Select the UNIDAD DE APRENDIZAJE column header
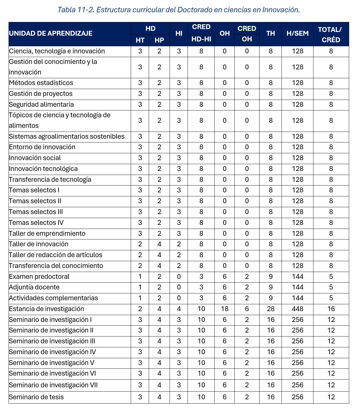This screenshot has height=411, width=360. (51, 33)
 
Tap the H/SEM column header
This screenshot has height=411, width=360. (297, 33)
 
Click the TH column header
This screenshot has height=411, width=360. (270, 33)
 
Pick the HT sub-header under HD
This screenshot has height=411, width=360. (140, 40)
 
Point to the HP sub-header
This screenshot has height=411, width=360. (159, 40)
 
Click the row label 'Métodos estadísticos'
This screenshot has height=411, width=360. (41, 83)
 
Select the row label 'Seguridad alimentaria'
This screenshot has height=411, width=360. (41, 104)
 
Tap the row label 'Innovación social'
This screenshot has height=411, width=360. (35, 158)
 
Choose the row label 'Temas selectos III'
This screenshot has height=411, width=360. (36, 212)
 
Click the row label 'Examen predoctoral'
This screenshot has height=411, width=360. (39, 277)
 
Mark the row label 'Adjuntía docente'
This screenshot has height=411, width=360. (34, 287)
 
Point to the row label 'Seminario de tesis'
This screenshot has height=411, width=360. (36, 397)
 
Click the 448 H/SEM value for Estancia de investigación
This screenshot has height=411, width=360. (297, 309)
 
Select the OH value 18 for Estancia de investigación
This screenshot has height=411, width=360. (225, 309)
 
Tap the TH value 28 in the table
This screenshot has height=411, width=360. (271, 309)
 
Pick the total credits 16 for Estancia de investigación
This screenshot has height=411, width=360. (331, 309)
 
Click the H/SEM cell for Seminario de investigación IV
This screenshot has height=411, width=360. (297, 352)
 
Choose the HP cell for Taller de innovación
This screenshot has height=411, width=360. (159, 244)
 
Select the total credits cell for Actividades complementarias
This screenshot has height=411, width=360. (331, 298)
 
